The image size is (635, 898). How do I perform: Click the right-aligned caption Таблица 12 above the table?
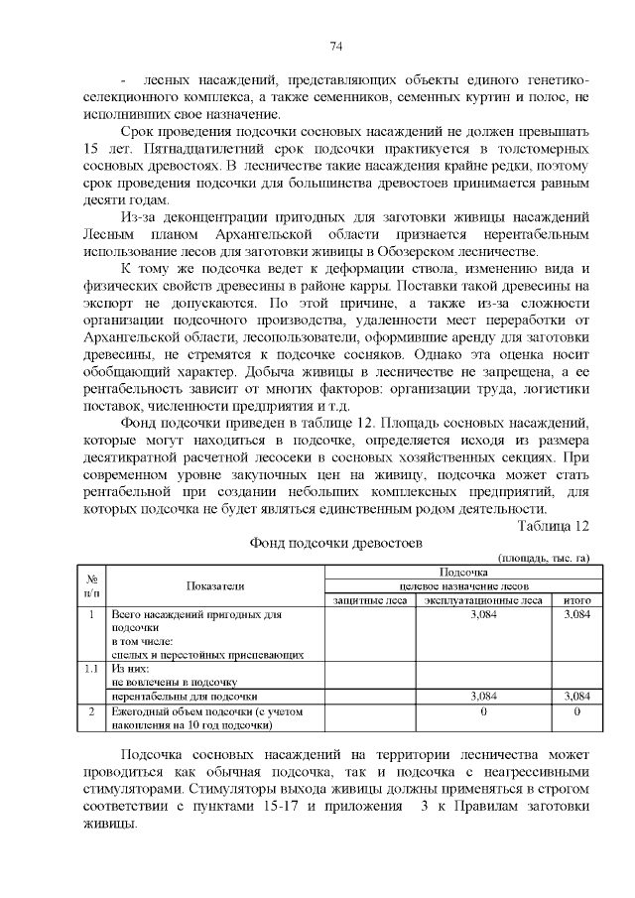pos(555,525)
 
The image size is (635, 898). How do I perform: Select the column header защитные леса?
pos(371,600)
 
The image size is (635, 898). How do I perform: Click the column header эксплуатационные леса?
pos(483,600)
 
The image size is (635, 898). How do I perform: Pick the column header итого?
pos(575,600)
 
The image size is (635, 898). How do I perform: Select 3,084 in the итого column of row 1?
pos(575,615)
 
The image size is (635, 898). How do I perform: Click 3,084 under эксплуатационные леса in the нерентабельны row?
pos(483,697)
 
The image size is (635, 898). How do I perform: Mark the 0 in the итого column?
pos(575,711)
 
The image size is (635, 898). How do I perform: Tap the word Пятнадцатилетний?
pos(174,148)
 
